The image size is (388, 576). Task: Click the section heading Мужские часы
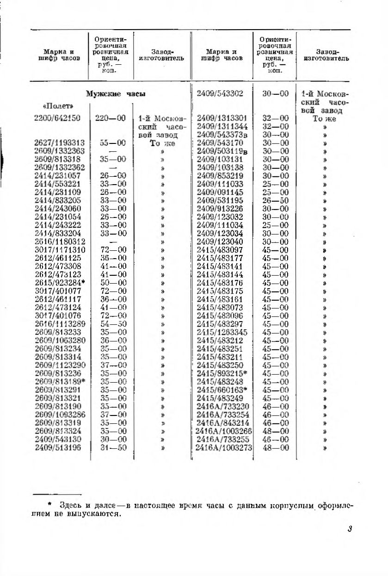(116, 94)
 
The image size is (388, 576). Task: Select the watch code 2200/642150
(57, 118)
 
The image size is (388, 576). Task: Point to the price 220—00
(110, 118)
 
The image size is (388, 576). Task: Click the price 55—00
(110, 143)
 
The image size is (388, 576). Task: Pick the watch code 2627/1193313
(59, 143)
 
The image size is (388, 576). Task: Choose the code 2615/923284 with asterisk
(60, 283)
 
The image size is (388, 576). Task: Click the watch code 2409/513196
(57, 447)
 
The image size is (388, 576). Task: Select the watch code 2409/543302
(220, 93)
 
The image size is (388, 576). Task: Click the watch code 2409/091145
(220, 192)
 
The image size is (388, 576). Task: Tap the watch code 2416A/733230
(223, 406)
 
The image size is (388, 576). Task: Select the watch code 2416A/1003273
(224, 447)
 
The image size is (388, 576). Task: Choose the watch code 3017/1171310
(57, 250)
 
